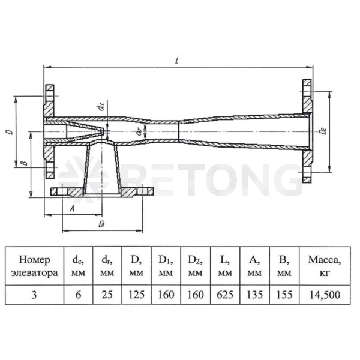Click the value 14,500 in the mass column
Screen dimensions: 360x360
(x=325, y=295)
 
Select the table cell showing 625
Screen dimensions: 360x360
(x=225, y=295)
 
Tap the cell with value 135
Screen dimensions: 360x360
(x=254, y=295)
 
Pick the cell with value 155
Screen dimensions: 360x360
(x=284, y=295)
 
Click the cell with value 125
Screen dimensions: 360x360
(x=136, y=295)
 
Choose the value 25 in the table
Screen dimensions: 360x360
(x=107, y=295)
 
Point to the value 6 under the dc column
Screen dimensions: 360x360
(x=78, y=295)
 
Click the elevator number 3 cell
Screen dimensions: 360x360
(x=34, y=295)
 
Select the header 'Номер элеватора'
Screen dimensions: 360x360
(x=34, y=266)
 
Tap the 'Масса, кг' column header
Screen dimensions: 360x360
(x=325, y=266)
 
